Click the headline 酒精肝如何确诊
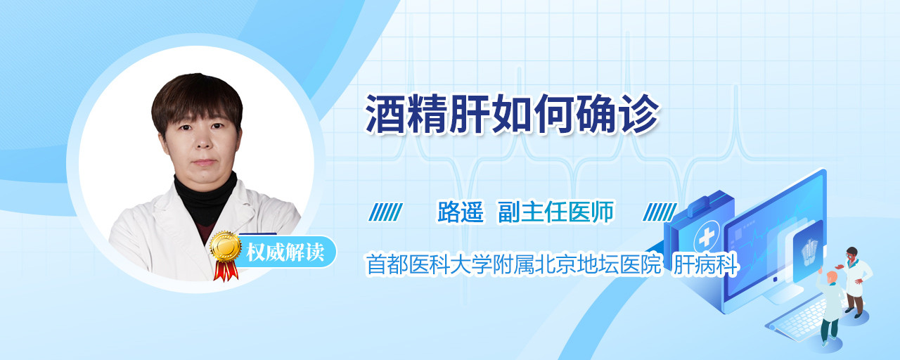pyautogui.click(x=513, y=114)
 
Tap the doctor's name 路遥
pyautogui.click(x=461, y=212)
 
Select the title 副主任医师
pyautogui.click(x=555, y=212)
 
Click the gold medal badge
pyautogui.click(x=226, y=246)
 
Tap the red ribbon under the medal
pyautogui.click(x=226, y=271)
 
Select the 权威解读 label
pyautogui.click(x=285, y=252)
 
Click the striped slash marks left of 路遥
pyautogui.click(x=385, y=212)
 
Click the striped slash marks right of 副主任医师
pyautogui.click(x=660, y=212)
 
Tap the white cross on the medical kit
pyautogui.click(x=706, y=238)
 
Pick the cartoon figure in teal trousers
pyautogui.click(x=830, y=309)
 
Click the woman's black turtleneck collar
pyautogui.click(x=206, y=198)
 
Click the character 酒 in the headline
pyautogui.click(x=385, y=114)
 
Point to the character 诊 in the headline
pyautogui.click(x=640, y=114)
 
